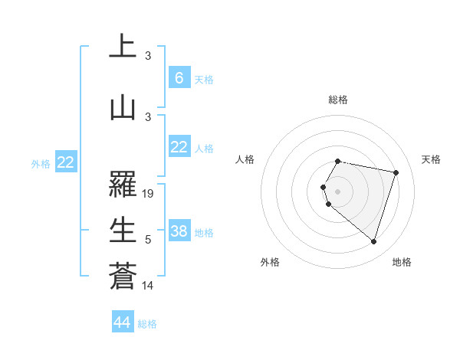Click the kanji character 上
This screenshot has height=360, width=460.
point(123,47)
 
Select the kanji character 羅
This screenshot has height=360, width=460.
point(123,185)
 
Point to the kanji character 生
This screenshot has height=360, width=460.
point(123,229)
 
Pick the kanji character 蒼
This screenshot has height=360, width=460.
point(123,275)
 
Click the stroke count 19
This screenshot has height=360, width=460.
point(148,194)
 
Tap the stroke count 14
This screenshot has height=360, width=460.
point(148,286)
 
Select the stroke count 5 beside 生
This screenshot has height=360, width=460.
point(148,240)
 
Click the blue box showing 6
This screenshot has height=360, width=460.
point(179,77)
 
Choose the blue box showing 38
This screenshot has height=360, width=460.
point(179,231)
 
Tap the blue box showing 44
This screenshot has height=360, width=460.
point(122,322)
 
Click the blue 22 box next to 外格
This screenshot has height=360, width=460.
point(65,162)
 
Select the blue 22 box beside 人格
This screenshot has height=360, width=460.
point(179,147)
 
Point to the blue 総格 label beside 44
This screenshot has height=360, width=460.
point(147,324)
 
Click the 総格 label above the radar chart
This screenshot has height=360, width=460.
point(338,100)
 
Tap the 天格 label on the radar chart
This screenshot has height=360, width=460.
point(431,159)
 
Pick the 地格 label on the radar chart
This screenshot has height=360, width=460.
point(402,262)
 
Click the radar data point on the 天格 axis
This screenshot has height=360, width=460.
point(396,172)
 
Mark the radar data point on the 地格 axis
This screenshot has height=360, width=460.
point(373,242)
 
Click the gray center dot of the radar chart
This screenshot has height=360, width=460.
point(338,191)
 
